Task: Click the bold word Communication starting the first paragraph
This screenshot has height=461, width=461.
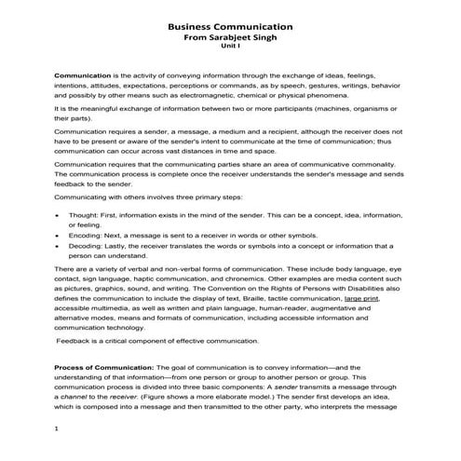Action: click(82, 74)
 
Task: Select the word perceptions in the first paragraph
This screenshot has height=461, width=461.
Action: click(210, 85)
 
